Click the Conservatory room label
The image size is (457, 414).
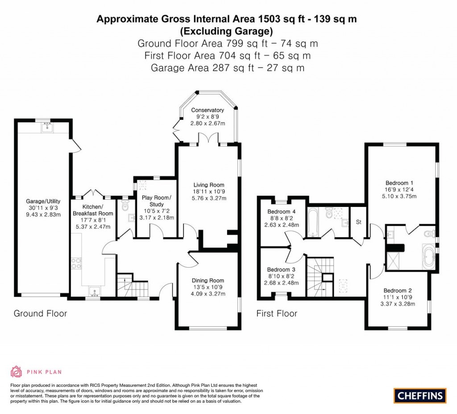pos(207,110)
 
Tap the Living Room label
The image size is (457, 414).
pos(208,185)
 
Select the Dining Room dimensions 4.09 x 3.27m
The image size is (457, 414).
pos(208,294)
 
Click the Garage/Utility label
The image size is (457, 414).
pos(43,201)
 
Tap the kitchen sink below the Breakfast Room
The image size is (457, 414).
pos(94,292)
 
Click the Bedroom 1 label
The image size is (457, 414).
pos(399,183)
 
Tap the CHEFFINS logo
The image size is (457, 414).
pos(420,395)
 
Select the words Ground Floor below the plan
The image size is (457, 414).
pos(40,314)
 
